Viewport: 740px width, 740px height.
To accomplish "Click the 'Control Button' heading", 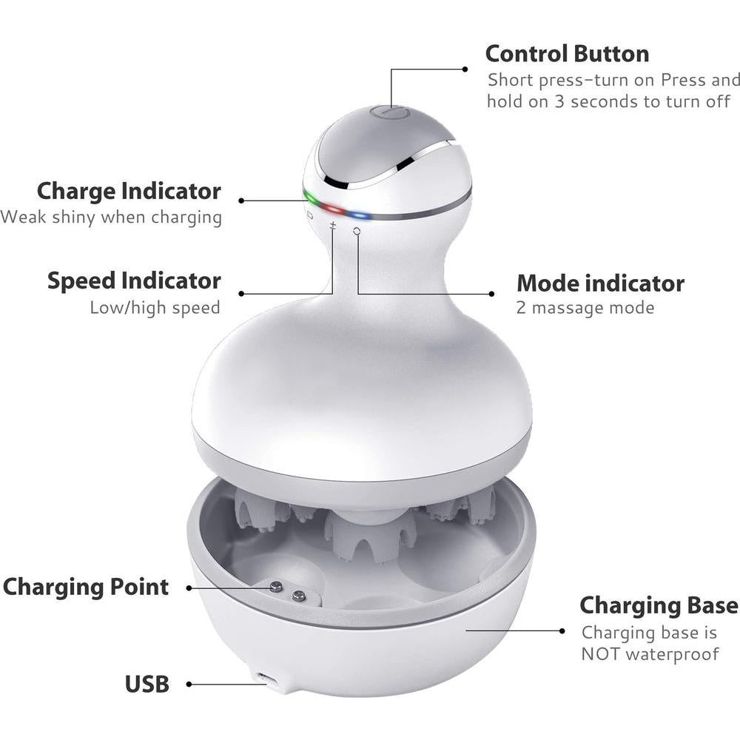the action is tap(567, 54).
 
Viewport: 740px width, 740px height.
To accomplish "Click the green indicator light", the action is tap(310, 198).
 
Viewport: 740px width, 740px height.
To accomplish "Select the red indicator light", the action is tap(333, 209).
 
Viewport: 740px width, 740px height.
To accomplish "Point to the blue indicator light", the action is tap(360, 216).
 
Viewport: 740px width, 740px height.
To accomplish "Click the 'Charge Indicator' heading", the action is tap(129, 191).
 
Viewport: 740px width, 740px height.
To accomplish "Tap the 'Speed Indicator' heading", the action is tap(134, 280).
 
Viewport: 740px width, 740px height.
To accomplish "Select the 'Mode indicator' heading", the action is tap(600, 283).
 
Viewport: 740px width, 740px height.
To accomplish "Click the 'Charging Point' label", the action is tap(85, 587).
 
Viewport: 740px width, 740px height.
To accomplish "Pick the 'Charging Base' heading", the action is tap(659, 605).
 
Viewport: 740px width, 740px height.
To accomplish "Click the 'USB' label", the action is tap(147, 684).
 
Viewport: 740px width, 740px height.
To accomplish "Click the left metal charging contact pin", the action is tap(276, 587).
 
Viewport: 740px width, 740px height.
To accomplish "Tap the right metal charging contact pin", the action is tap(298, 596).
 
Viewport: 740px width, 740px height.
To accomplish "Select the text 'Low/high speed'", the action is tap(155, 308).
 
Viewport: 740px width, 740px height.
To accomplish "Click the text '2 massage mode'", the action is tap(585, 308).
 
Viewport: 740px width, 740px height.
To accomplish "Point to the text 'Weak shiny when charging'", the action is tap(111, 217).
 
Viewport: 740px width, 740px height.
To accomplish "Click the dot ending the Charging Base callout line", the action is tap(562, 631).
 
